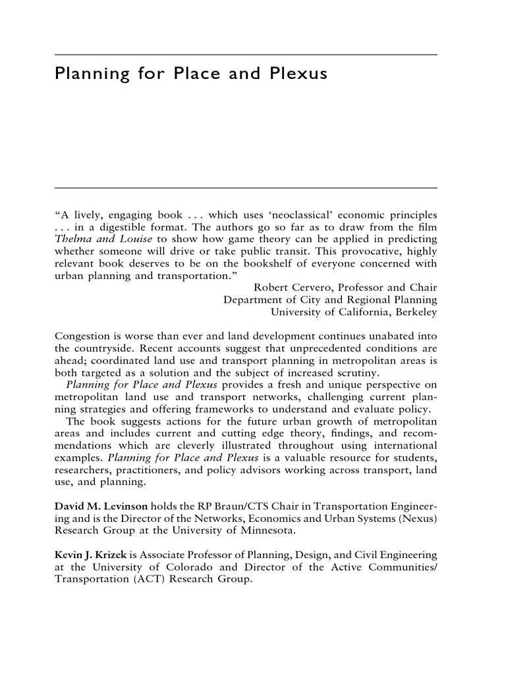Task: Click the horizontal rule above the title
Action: click(246, 55)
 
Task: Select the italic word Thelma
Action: click(72, 240)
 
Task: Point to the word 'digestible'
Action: click(126, 228)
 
